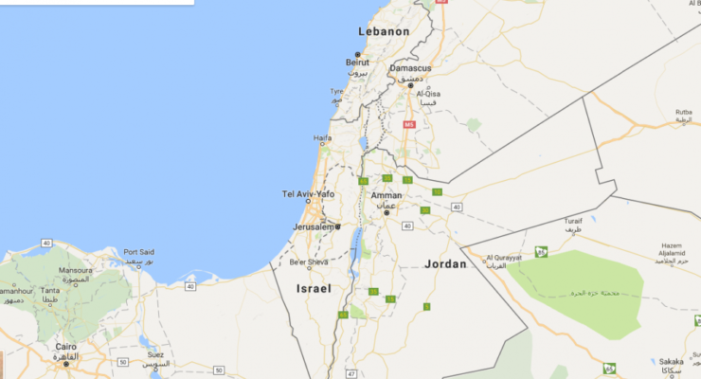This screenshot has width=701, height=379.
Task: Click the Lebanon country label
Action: point(384,31)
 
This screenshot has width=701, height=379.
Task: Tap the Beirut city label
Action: point(357,63)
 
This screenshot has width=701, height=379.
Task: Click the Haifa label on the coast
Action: point(322,137)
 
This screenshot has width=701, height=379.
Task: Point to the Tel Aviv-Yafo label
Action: point(309,194)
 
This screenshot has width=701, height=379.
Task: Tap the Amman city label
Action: point(386,196)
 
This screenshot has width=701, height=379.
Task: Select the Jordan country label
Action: point(446,264)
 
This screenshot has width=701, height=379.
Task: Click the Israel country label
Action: point(314,287)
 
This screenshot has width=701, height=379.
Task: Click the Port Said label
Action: point(138,251)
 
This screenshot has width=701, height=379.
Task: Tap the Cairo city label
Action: point(65,348)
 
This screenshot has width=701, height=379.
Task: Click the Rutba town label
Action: point(683,112)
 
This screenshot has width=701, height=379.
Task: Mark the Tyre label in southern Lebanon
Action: point(336,92)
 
